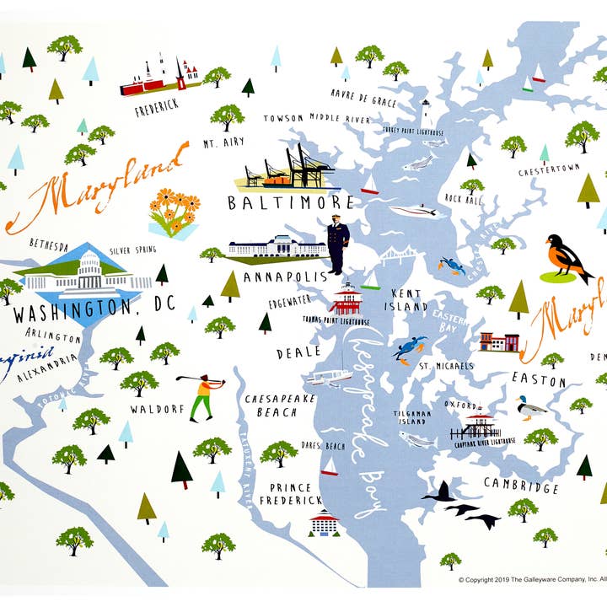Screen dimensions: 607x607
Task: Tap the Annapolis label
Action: click(273, 277)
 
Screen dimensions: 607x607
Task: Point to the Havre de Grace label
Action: click(363, 102)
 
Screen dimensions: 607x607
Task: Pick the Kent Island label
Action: click(408, 300)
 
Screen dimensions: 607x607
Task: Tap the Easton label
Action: click(539, 380)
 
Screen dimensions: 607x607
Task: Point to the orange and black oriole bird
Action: click(567, 258)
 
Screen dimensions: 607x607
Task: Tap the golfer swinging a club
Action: click(202, 397)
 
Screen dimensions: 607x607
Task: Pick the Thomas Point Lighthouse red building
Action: click(346, 298)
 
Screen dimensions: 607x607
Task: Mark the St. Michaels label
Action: click(447, 366)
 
